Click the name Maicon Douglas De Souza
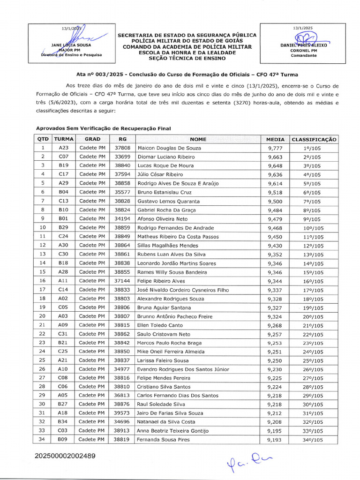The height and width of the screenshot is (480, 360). [x=169, y=148]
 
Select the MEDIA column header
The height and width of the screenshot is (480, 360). [x=275, y=139]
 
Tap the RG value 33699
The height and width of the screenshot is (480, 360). [x=122, y=157]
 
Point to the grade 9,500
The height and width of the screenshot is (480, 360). [x=275, y=201]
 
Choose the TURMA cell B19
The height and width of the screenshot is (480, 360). [x=63, y=165]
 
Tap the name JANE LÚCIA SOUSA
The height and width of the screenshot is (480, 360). [x=71, y=45]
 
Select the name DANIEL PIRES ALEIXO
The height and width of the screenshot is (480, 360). [x=303, y=45]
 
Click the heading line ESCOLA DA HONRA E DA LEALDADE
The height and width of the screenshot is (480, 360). [x=187, y=52]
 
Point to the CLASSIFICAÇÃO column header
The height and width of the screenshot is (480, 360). [x=314, y=139]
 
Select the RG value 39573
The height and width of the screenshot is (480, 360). [x=122, y=413]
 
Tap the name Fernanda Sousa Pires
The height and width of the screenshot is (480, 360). [x=164, y=440]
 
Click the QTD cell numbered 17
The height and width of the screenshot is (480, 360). [x=43, y=290]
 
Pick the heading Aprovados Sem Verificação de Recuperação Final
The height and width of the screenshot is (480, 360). [x=104, y=128]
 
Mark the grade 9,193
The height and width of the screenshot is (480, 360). [x=275, y=440]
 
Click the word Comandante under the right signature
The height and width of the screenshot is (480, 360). [x=303, y=55]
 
